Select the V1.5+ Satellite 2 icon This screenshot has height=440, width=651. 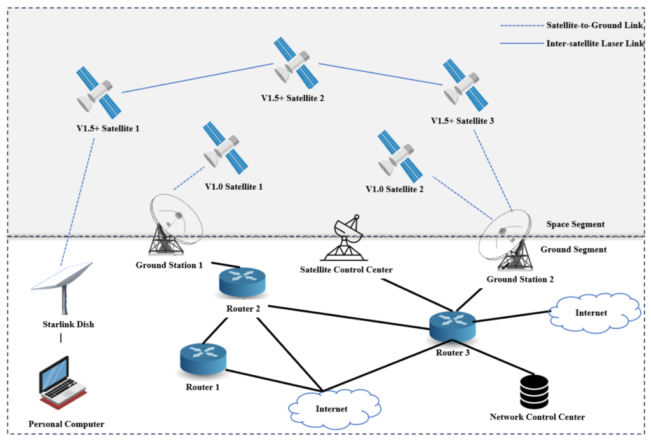pos(295,62)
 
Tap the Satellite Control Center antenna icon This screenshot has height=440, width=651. pos(346,240)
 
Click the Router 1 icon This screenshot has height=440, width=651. pos(203,359)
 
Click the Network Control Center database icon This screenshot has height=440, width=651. pos(533,392)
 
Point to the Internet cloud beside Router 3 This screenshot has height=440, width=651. pos(595,312)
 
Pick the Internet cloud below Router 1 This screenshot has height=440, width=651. pos(331,408)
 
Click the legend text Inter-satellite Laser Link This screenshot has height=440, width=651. pos(596,44)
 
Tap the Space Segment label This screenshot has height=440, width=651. pos(575,224)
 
